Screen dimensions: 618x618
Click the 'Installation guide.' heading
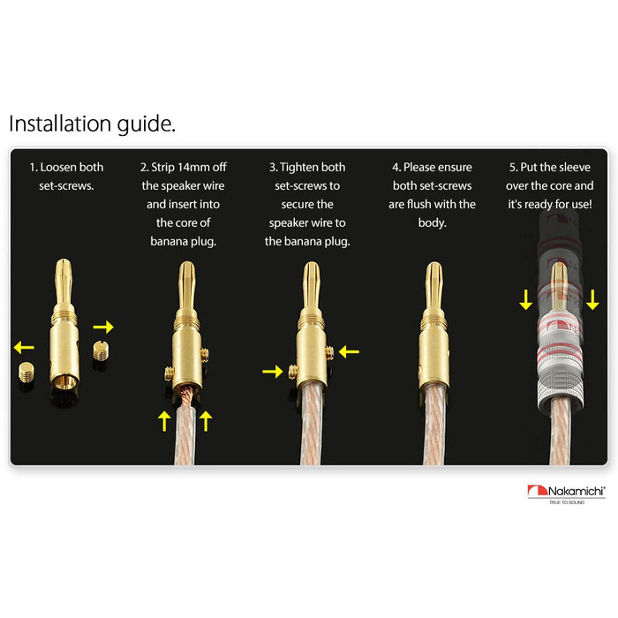(x=92, y=124)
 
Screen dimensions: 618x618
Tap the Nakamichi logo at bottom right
(x=567, y=494)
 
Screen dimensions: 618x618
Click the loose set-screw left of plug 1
(x=26, y=373)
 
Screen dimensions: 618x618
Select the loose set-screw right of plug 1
(x=101, y=350)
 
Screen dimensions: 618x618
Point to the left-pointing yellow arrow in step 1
(x=24, y=347)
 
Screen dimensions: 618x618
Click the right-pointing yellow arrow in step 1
(x=103, y=327)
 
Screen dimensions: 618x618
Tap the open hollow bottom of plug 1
(x=64, y=382)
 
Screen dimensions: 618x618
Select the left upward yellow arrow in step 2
(x=164, y=420)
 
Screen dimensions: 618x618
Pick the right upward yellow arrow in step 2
(x=206, y=420)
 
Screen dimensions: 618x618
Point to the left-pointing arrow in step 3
(x=349, y=351)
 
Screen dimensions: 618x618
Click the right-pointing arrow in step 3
(x=272, y=372)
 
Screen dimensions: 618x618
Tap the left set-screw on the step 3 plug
(x=294, y=372)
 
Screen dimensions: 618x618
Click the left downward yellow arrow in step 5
(x=526, y=299)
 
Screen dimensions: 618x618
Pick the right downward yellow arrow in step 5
(x=592, y=299)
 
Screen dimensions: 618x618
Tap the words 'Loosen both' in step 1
(x=72, y=167)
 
